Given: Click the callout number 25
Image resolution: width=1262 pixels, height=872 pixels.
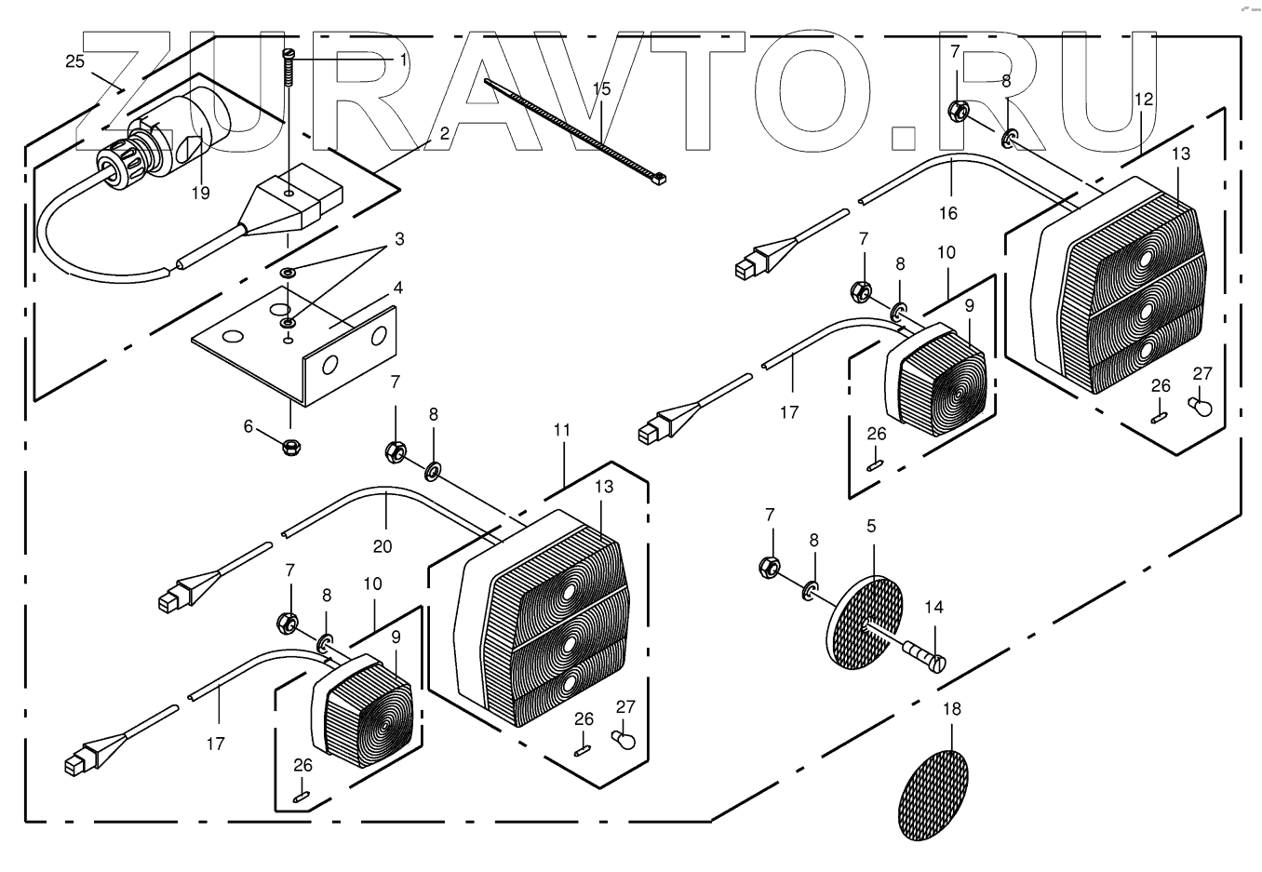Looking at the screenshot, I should [x=75, y=61].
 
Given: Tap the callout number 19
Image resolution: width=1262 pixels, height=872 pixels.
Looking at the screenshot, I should [x=201, y=194].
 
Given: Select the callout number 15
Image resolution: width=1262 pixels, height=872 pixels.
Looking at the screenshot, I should [x=601, y=89].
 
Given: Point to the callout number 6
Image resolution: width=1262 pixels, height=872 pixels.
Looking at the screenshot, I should [x=248, y=426].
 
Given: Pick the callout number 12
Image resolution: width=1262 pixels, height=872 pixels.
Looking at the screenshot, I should [x=1144, y=99].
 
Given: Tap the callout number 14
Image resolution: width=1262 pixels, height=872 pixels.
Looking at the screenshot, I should [x=933, y=608].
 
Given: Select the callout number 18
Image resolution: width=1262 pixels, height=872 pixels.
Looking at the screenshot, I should [x=952, y=709].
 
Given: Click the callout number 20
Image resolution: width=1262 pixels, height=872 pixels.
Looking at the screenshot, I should [x=383, y=546].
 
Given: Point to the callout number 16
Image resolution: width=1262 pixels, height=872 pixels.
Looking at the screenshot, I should [x=947, y=213].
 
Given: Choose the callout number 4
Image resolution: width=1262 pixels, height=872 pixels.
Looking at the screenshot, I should [x=397, y=288].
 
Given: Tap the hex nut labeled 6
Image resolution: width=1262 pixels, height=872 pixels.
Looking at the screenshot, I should [x=289, y=447].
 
